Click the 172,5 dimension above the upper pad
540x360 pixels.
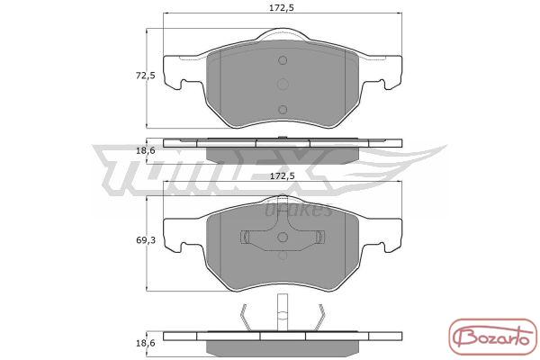tap(282, 8)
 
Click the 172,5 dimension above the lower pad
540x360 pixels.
tap(282, 176)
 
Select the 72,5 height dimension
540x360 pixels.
tap(146, 76)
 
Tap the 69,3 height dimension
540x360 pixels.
tap(146, 240)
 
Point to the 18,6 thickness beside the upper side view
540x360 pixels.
tap(146, 150)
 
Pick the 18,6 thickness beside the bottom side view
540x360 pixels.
tap(146, 343)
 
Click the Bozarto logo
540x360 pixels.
tap(493, 337)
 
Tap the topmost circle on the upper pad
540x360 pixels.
tap(283, 60)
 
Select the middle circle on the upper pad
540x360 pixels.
tap(283, 84)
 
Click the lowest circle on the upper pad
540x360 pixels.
tap(283, 110)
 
